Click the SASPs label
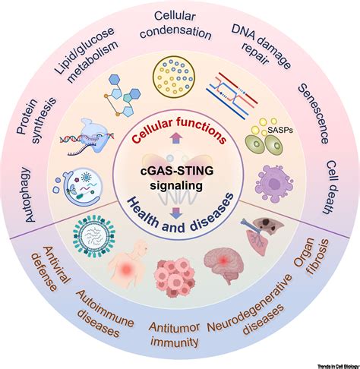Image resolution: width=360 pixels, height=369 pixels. [280, 130]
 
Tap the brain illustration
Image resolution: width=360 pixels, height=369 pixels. [224, 263]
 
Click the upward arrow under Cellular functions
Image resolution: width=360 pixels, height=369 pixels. [176, 138]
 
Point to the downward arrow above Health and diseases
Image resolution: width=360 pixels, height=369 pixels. [176, 213]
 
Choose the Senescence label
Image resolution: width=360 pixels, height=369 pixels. [314, 114]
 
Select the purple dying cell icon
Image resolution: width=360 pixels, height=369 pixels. [274, 184]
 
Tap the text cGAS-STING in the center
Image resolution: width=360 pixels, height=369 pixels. [177, 172]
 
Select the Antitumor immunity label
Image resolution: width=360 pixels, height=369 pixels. [175, 334]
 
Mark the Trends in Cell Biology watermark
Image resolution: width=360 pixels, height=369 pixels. [338, 366]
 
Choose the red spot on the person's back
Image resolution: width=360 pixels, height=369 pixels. [126, 270]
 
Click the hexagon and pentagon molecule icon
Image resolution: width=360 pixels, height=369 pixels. [122, 95]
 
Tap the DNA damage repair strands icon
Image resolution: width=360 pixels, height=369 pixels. [232, 96]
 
